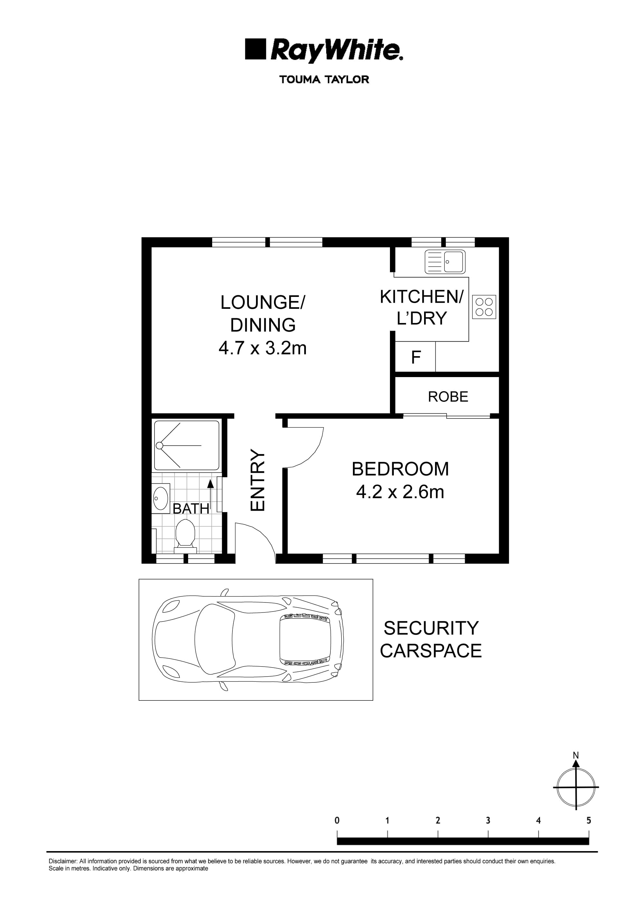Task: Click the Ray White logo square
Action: [x=255, y=49]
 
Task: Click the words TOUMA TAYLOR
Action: [x=324, y=79]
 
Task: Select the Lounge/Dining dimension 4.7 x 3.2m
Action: [x=263, y=348]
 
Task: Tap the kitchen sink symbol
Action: [x=445, y=262]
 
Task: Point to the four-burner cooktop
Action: [x=484, y=307]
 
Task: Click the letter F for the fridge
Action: [x=415, y=357]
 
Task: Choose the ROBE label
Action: [x=448, y=396]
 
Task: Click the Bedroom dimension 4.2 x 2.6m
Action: [x=400, y=492]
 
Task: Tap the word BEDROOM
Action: [x=400, y=469]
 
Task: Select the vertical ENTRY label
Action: [x=258, y=480]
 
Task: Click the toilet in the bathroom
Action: [x=185, y=535]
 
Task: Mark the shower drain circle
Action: [x=159, y=446]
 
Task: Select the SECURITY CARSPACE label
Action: [x=431, y=639]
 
